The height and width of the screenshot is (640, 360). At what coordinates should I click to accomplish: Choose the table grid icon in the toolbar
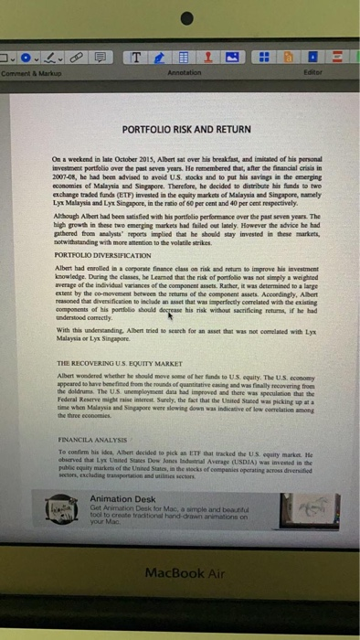click(184, 59)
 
